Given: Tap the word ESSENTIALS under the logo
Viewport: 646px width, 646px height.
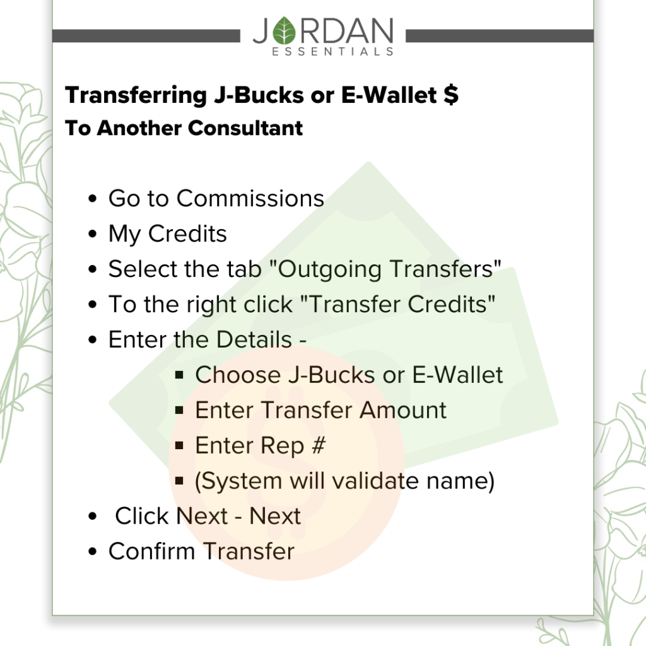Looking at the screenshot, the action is point(332,52).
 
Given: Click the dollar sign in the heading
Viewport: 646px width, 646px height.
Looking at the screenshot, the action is point(451,95).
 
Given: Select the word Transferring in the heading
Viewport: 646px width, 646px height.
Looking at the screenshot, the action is point(136,96).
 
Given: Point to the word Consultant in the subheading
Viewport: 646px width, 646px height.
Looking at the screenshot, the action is point(245,127).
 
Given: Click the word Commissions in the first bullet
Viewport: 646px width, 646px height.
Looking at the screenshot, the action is point(250,199).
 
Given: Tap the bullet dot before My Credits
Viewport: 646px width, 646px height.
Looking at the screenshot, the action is point(93,234).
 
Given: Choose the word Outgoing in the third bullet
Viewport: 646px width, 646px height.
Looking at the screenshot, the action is point(329,270).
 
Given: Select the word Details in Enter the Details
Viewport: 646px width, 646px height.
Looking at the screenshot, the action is point(254,339).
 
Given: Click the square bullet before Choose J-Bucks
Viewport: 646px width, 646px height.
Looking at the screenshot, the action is point(179,375).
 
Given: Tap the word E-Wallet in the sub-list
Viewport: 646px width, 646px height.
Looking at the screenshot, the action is point(457,375).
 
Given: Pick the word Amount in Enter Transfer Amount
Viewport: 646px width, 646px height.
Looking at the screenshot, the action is point(402,410).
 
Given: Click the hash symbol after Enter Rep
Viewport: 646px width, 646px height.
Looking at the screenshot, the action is point(319,445).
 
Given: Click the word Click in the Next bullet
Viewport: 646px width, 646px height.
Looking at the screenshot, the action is point(142,516).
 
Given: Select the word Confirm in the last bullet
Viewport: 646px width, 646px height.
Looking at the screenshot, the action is point(151,551).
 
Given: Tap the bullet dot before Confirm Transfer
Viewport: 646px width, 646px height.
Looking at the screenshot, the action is point(93,551).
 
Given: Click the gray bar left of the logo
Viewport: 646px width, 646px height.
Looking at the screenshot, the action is point(146,36).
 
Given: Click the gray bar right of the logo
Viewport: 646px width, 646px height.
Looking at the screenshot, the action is point(500,36).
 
